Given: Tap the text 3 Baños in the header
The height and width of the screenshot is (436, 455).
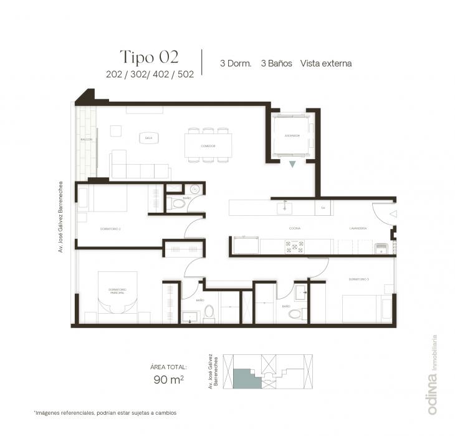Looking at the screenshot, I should [x=276, y=63].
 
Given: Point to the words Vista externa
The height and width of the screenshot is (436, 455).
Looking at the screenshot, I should [x=326, y=63].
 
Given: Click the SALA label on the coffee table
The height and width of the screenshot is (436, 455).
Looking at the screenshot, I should [x=149, y=138].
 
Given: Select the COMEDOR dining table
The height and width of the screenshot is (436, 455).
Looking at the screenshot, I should [x=208, y=146].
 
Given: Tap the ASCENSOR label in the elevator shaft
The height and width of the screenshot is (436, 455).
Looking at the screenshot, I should [x=292, y=135].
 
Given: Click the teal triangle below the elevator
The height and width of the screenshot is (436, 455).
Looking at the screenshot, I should [x=292, y=164].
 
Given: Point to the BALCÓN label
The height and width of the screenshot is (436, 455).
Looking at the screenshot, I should [x=87, y=140].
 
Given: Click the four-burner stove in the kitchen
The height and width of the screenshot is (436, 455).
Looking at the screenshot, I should [x=294, y=247].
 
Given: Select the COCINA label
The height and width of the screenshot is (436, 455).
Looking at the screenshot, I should [x=295, y=228].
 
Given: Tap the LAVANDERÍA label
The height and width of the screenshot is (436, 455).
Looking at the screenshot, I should [x=358, y=228].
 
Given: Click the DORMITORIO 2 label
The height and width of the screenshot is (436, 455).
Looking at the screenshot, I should [x=110, y=229].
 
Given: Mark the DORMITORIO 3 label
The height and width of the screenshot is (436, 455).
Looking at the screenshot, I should [x=359, y=279].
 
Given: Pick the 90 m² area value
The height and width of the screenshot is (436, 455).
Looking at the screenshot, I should [x=168, y=379].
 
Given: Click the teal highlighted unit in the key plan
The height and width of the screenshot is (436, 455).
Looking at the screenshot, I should [x=244, y=378].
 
